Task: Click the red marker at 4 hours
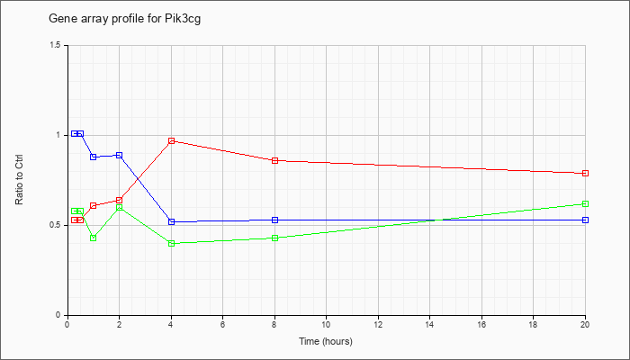(x=172, y=140)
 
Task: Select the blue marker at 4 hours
(x=172, y=221)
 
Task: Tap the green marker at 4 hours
(x=172, y=243)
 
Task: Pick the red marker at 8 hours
(x=275, y=160)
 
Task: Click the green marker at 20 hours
(x=585, y=203)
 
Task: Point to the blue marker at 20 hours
(x=585, y=220)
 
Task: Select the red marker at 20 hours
(x=585, y=173)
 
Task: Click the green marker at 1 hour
(x=94, y=238)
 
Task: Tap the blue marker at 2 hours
(x=120, y=155)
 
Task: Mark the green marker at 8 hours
(x=275, y=238)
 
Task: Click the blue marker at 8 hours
(x=275, y=220)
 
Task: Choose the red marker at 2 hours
(x=120, y=200)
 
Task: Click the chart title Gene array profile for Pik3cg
(x=124, y=19)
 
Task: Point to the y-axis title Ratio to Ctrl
(x=19, y=179)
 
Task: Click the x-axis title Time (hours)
(x=326, y=341)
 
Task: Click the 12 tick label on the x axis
(x=378, y=324)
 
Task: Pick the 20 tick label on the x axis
(x=585, y=324)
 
